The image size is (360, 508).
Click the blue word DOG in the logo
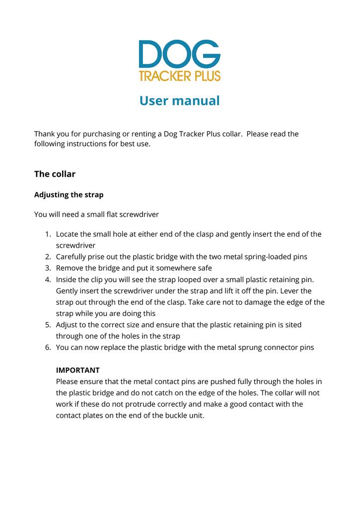pyautogui.click(x=179, y=54)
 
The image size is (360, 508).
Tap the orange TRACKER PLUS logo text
pyautogui.click(x=179, y=76)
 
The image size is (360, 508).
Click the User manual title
pyautogui.click(x=179, y=101)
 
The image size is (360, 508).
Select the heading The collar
pyautogui.click(x=55, y=174)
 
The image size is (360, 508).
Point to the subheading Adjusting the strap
pyautogui.click(x=69, y=194)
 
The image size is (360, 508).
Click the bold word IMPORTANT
pyautogui.click(x=77, y=370)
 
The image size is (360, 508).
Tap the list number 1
pyautogui.click(x=48, y=234)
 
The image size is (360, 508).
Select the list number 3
pyautogui.click(x=48, y=268)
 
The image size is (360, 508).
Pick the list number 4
pyautogui.click(x=48, y=279)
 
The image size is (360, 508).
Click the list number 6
pyautogui.click(x=48, y=347)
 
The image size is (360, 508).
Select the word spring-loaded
pyautogui.click(x=258, y=257)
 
